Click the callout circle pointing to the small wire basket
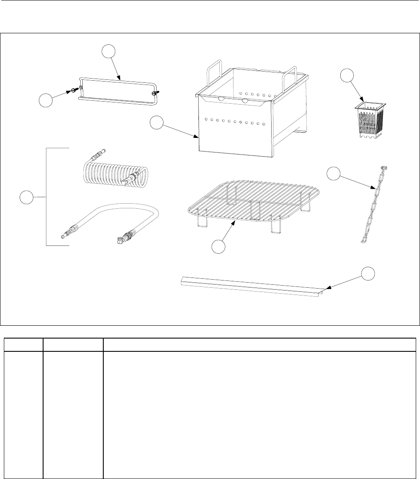[347, 76]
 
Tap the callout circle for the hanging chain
[334, 174]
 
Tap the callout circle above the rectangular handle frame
[110, 53]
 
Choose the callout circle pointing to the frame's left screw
[46, 101]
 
